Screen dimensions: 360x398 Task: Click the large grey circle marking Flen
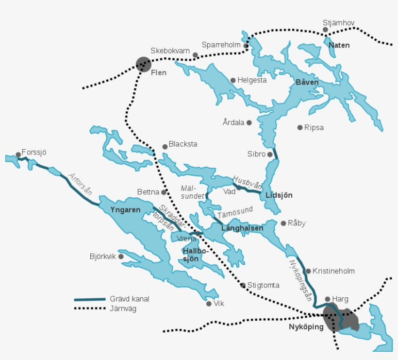point(144,64)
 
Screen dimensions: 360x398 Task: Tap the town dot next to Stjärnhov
point(326,30)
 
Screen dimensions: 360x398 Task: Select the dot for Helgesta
point(233,80)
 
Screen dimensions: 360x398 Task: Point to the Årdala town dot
point(249,123)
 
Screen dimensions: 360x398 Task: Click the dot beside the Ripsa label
point(300,127)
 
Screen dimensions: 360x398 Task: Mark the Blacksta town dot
point(165,146)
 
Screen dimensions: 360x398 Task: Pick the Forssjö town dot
point(18,154)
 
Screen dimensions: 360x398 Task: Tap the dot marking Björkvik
point(121,257)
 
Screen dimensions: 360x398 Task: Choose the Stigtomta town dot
point(243,285)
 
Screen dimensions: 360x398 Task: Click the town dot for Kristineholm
point(308,271)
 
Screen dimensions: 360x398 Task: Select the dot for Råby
point(283,223)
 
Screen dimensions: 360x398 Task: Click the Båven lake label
point(307,83)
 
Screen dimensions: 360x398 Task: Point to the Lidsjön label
point(279,195)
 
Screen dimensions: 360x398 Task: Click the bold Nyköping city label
point(306,327)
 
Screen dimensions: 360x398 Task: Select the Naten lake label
point(339,45)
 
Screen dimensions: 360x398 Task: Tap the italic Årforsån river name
point(80,184)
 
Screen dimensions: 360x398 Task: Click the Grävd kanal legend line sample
point(90,299)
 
